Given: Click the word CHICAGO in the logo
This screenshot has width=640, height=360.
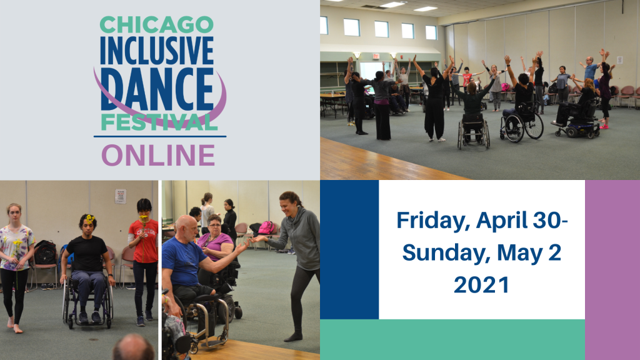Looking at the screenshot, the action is (157, 25).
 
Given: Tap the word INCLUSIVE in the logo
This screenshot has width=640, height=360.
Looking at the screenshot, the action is (157, 51).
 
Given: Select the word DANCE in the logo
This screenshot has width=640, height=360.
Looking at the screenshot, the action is (157, 89).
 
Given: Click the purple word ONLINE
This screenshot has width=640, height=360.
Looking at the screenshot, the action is (158, 155).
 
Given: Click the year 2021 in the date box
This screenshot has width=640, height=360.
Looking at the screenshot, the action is (482, 284).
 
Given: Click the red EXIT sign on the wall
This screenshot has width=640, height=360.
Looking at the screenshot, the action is (376, 56).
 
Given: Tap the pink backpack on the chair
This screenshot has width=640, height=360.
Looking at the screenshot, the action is (266, 227).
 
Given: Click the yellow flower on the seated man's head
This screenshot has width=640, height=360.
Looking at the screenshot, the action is (89, 219).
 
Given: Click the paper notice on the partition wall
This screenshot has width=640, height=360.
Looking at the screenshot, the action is (121, 196).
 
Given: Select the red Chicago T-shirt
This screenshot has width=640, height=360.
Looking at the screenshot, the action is (144, 241).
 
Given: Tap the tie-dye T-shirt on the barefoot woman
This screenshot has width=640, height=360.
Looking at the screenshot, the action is (16, 247).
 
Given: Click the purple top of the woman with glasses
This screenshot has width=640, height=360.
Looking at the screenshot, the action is (215, 246).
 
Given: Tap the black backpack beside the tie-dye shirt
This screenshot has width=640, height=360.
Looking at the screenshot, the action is (45, 252).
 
